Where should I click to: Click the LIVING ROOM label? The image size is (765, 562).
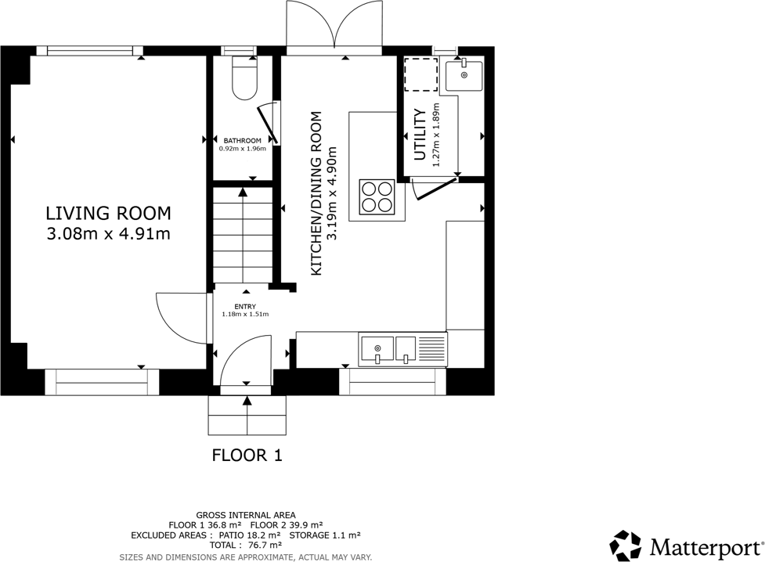(108, 213)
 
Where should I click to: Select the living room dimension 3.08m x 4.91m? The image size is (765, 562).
(108, 234)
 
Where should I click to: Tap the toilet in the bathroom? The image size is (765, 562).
(244, 77)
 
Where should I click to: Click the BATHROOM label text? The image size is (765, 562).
(243, 141)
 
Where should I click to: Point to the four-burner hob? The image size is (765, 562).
(377, 197)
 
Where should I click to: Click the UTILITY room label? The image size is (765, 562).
(420, 135)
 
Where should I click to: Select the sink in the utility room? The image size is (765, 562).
(464, 75)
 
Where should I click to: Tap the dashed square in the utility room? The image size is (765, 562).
(420, 74)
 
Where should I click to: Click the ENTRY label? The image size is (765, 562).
(245, 306)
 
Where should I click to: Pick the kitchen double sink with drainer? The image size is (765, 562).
(403, 349)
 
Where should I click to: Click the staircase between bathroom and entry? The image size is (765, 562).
(243, 235)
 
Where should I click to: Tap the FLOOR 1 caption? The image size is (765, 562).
(247, 456)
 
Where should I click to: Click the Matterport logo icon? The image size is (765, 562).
(626, 546)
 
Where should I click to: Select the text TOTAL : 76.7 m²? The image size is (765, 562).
(246, 545)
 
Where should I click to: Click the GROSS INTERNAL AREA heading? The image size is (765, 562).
(246, 515)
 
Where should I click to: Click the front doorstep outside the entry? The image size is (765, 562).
(247, 415)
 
